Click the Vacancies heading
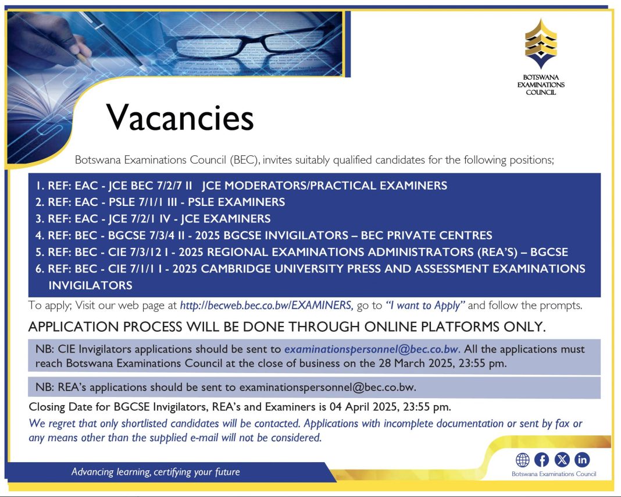[180, 118]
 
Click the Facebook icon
[541, 460]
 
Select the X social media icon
[562, 460]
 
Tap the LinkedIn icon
[582, 460]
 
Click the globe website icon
[522, 460]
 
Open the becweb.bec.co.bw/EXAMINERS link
[266, 305]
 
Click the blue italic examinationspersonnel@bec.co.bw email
[372, 349]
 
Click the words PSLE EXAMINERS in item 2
[237, 202]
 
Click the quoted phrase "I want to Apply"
[425, 306]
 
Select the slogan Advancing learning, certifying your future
[156, 472]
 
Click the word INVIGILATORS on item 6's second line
[90, 285]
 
